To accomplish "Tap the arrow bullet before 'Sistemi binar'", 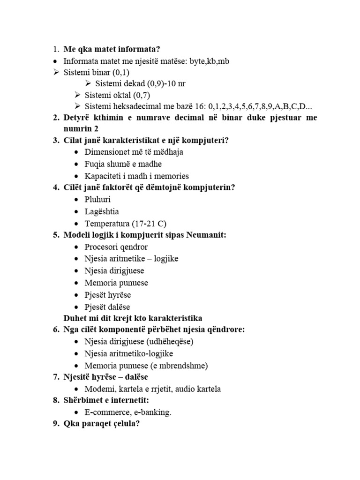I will [56, 72].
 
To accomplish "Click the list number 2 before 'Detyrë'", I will [55, 117].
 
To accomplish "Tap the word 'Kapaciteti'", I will [103, 176].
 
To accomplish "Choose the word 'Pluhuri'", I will [97, 200].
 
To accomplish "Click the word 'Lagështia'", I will [102, 211].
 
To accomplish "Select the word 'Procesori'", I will [102, 247].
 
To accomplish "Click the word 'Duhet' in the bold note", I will [75, 318].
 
